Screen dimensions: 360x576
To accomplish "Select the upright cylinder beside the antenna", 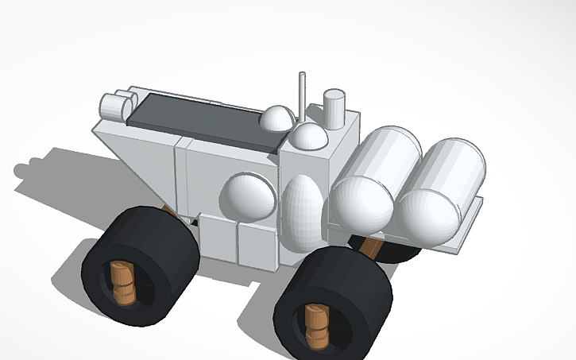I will (x=334, y=107).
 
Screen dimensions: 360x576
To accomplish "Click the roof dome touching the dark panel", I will (x=277, y=119).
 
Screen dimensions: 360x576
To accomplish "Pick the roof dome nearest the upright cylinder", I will (x=310, y=137).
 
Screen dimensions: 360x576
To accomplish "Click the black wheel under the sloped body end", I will (x=140, y=265).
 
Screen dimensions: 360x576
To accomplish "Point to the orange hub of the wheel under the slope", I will (x=122, y=282).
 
